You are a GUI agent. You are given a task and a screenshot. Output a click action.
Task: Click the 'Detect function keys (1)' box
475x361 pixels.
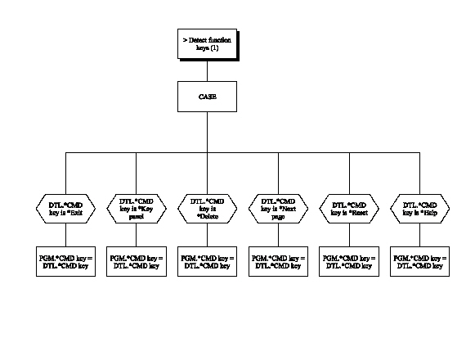tap(208, 43)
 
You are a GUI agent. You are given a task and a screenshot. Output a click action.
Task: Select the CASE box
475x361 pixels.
tap(208, 97)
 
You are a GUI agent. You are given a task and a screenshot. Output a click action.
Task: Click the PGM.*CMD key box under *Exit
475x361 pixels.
tap(65, 261)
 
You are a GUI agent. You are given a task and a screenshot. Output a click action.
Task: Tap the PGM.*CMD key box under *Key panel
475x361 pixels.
tap(137, 261)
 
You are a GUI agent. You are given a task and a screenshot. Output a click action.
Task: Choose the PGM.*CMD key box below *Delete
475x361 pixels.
tap(208, 261)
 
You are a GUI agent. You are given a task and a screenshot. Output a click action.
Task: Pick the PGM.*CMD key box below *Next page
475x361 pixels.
tap(278, 261)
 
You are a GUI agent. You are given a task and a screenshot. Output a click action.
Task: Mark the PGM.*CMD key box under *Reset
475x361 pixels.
tap(349, 261)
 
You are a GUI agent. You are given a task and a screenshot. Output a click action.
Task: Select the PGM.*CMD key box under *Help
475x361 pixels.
tap(420, 261)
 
